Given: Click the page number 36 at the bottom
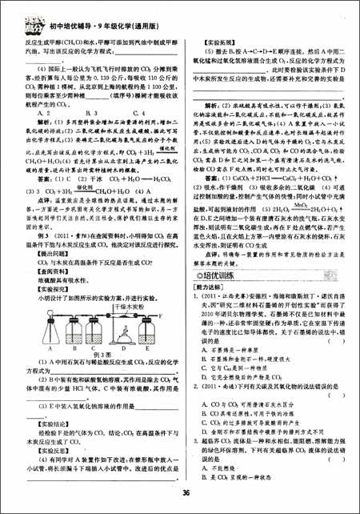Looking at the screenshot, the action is [x=184, y=492].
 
